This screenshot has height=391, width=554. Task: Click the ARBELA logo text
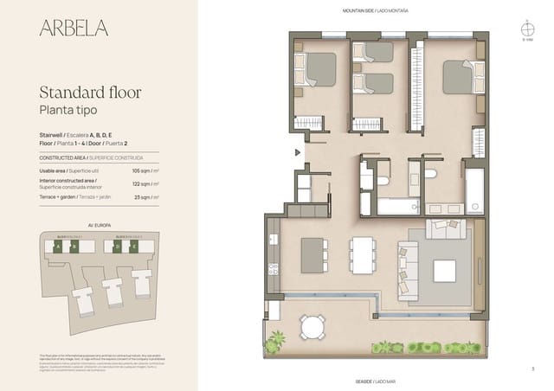[74, 28]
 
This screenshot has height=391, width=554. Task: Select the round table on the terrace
[312, 326]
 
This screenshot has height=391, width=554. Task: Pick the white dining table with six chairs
[363, 255]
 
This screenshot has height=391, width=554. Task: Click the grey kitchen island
[312, 254]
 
